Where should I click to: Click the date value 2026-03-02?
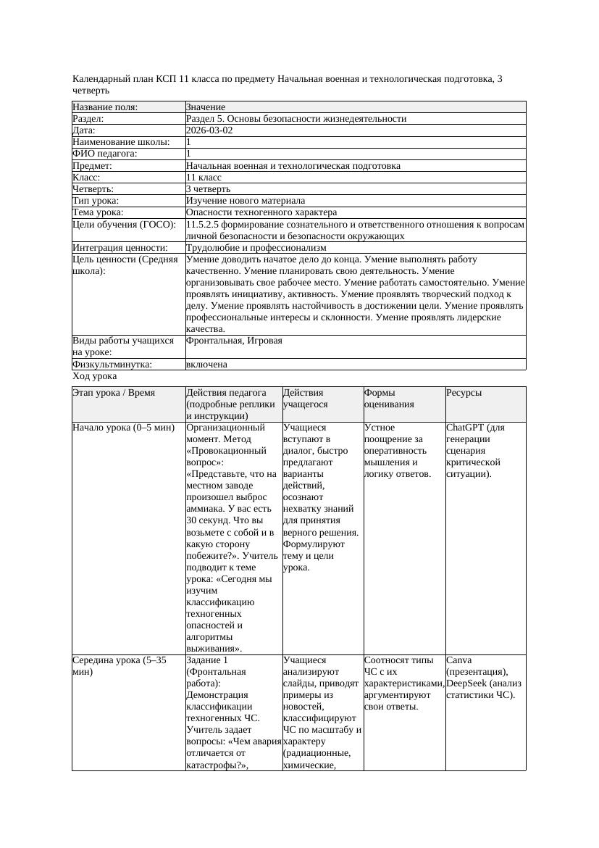pos(209,130)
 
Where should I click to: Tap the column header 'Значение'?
pos(206,107)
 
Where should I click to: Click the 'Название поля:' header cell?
pos(105,107)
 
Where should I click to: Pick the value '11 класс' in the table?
pos(204,177)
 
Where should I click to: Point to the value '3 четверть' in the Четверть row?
pos(208,188)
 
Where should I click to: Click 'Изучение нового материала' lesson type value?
pos(246,200)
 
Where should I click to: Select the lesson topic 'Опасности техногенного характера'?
pos(261,212)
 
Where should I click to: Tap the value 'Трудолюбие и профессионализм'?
pos(256,248)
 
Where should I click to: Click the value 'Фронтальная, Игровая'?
pos(234,341)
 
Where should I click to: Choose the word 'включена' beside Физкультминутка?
pos(206,365)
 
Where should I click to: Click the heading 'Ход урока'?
pos(95,377)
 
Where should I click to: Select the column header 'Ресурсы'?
pos(464,393)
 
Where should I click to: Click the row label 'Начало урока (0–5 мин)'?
pos(124,428)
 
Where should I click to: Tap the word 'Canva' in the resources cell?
pos(459,660)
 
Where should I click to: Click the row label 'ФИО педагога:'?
pos(105,154)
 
